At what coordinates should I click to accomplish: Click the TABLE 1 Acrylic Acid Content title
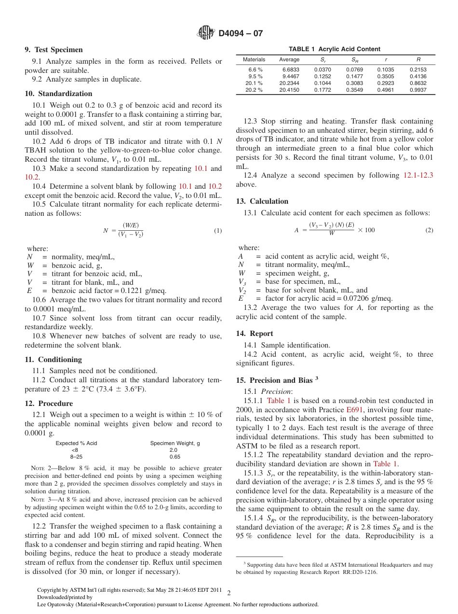click(x=334, y=49)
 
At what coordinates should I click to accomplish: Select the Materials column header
click(x=254, y=60)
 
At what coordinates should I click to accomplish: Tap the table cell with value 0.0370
click(x=323, y=70)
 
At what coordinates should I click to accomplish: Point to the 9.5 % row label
click(x=255, y=76)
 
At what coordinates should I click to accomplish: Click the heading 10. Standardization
click(x=58, y=94)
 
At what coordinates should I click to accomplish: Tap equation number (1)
click(x=217, y=231)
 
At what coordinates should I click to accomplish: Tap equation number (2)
click(x=429, y=230)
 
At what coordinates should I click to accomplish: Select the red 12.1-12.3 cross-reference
click(x=418, y=175)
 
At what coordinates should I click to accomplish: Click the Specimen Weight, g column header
click(x=175, y=443)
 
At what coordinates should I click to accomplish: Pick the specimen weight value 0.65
click(x=175, y=456)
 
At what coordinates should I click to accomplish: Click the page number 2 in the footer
click(x=229, y=593)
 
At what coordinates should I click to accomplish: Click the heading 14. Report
click(x=255, y=334)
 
